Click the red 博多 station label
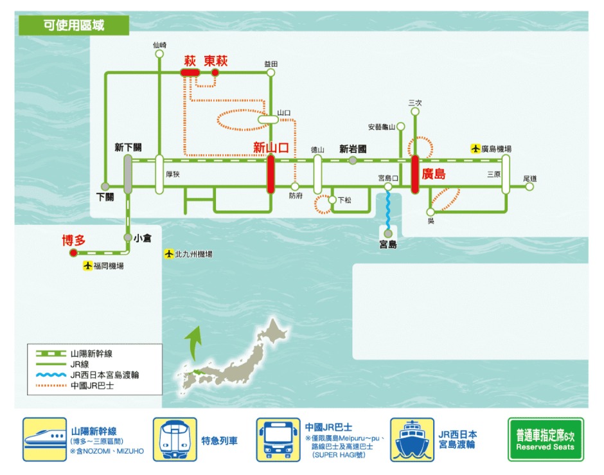(x=74, y=240)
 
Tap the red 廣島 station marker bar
(x=415, y=174)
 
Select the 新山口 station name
(x=271, y=147)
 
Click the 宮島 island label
(x=388, y=244)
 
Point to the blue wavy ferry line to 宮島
(x=388, y=210)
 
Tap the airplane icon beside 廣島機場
(x=475, y=148)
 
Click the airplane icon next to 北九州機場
(x=169, y=254)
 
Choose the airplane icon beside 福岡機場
(x=88, y=265)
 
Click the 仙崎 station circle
(x=159, y=54)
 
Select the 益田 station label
(x=271, y=64)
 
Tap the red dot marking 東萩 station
(x=215, y=73)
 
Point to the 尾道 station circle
(x=529, y=187)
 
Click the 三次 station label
(x=415, y=103)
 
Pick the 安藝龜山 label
(x=381, y=127)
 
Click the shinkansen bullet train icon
(x=44, y=440)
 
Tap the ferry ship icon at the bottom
(x=412, y=440)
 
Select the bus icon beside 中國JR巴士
(x=278, y=440)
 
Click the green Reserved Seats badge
(x=546, y=439)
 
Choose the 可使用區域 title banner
(x=74, y=26)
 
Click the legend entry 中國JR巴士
(x=92, y=386)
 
